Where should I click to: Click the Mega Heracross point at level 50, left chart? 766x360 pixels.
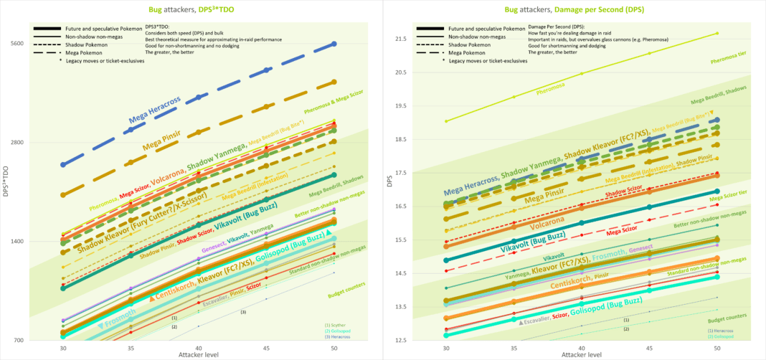point(334,44)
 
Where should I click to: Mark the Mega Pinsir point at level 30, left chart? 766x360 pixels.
point(63,194)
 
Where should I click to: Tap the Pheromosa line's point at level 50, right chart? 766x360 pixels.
point(717,33)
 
